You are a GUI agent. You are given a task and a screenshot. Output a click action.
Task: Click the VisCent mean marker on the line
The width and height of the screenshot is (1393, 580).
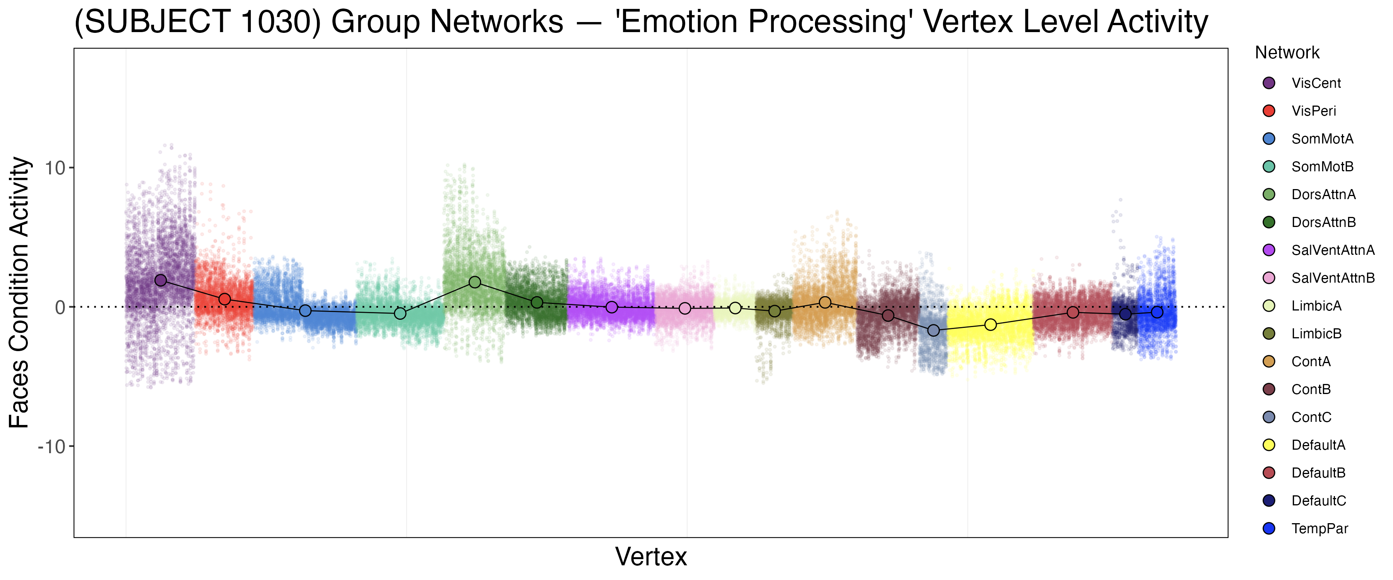(x=161, y=280)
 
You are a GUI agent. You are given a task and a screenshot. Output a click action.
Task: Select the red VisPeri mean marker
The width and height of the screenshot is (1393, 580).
(x=225, y=299)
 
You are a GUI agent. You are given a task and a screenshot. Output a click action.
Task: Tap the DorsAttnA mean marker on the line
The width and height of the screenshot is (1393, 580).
(x=475, y=282)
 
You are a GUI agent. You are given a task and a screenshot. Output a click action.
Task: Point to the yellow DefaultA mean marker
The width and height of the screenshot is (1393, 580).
(x=991, y=324)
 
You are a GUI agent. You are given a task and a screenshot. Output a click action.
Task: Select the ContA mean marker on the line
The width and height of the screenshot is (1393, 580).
(x=825, y=302)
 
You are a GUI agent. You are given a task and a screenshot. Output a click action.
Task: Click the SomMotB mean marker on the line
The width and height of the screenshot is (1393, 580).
(x=400, y=314)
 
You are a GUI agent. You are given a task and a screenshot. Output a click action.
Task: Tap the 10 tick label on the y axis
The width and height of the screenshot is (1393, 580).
(x=55, y=168)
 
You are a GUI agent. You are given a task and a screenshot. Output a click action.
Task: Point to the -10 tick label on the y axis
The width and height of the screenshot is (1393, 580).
(x=51, y=447)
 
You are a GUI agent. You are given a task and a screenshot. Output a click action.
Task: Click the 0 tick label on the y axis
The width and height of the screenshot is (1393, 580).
(x=60, y=307)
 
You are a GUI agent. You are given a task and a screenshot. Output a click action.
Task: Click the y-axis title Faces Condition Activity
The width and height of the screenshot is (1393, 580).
(x=19, y=292)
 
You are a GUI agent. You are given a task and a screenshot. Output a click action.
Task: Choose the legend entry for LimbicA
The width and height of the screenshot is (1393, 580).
(x=1316, y=306)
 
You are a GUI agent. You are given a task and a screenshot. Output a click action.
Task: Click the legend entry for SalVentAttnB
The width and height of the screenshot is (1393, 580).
(x=1332, y=278)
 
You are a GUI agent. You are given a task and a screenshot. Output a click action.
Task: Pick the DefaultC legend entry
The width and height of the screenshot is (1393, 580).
(x=1318, y=501)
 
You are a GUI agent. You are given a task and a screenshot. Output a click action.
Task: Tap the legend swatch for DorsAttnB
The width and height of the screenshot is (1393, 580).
(x=1269, y=222)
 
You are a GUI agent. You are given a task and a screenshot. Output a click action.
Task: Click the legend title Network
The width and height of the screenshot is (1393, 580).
(x=1287, y=53)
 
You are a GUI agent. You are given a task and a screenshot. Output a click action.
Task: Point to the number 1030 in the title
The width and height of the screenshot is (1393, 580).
(x=280, y=22)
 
